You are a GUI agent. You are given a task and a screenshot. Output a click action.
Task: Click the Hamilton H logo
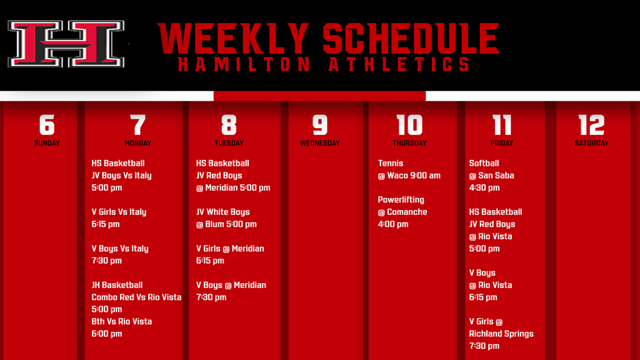click(66, 44)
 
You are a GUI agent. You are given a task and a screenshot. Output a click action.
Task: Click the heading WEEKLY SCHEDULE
click(329, 39)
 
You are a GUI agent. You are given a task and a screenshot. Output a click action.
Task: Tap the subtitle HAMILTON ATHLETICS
click(324, 64)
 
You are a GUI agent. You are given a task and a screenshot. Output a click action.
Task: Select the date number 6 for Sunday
click(47, 124)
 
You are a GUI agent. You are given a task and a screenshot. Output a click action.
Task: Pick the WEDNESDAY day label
click(320, 143)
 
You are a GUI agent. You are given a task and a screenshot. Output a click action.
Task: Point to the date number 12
click(591, 124)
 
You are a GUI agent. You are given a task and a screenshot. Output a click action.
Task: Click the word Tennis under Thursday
click(391, 163)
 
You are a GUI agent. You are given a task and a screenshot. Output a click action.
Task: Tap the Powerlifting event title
click(401, 200)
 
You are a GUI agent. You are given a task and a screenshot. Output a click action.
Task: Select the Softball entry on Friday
click(484, 163)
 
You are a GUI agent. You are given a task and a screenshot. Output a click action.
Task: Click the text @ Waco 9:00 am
click(409, 176)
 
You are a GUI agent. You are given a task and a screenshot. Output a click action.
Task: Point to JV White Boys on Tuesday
click(223, 212)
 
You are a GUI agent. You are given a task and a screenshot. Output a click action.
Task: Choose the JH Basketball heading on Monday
click(117, 285)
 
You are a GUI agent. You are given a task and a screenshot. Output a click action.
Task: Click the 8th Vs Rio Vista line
click(122, 322)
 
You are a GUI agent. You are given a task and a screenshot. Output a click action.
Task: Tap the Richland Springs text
click(501, 334)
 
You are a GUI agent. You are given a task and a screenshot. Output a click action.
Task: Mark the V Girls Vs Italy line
click(119, 212)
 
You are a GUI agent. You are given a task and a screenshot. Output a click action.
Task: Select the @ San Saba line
click(491, 176)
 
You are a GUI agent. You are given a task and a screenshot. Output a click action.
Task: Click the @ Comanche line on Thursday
click(402, 212)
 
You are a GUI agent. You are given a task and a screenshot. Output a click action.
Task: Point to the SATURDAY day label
click(591, 143)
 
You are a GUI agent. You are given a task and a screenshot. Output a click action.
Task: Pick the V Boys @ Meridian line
click(231, 285)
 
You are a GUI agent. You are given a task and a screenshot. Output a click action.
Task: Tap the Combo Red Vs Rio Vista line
click(136, 297)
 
